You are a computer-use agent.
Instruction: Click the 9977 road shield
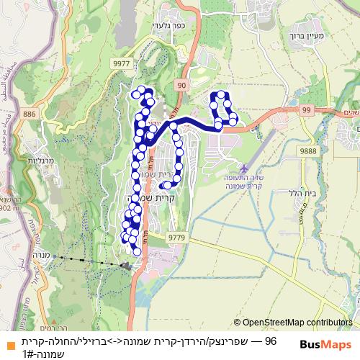(122, 63)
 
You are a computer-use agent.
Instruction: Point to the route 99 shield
(307, 109)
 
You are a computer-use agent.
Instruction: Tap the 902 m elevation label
(11, 207)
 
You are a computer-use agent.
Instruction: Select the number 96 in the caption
(271, 340)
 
